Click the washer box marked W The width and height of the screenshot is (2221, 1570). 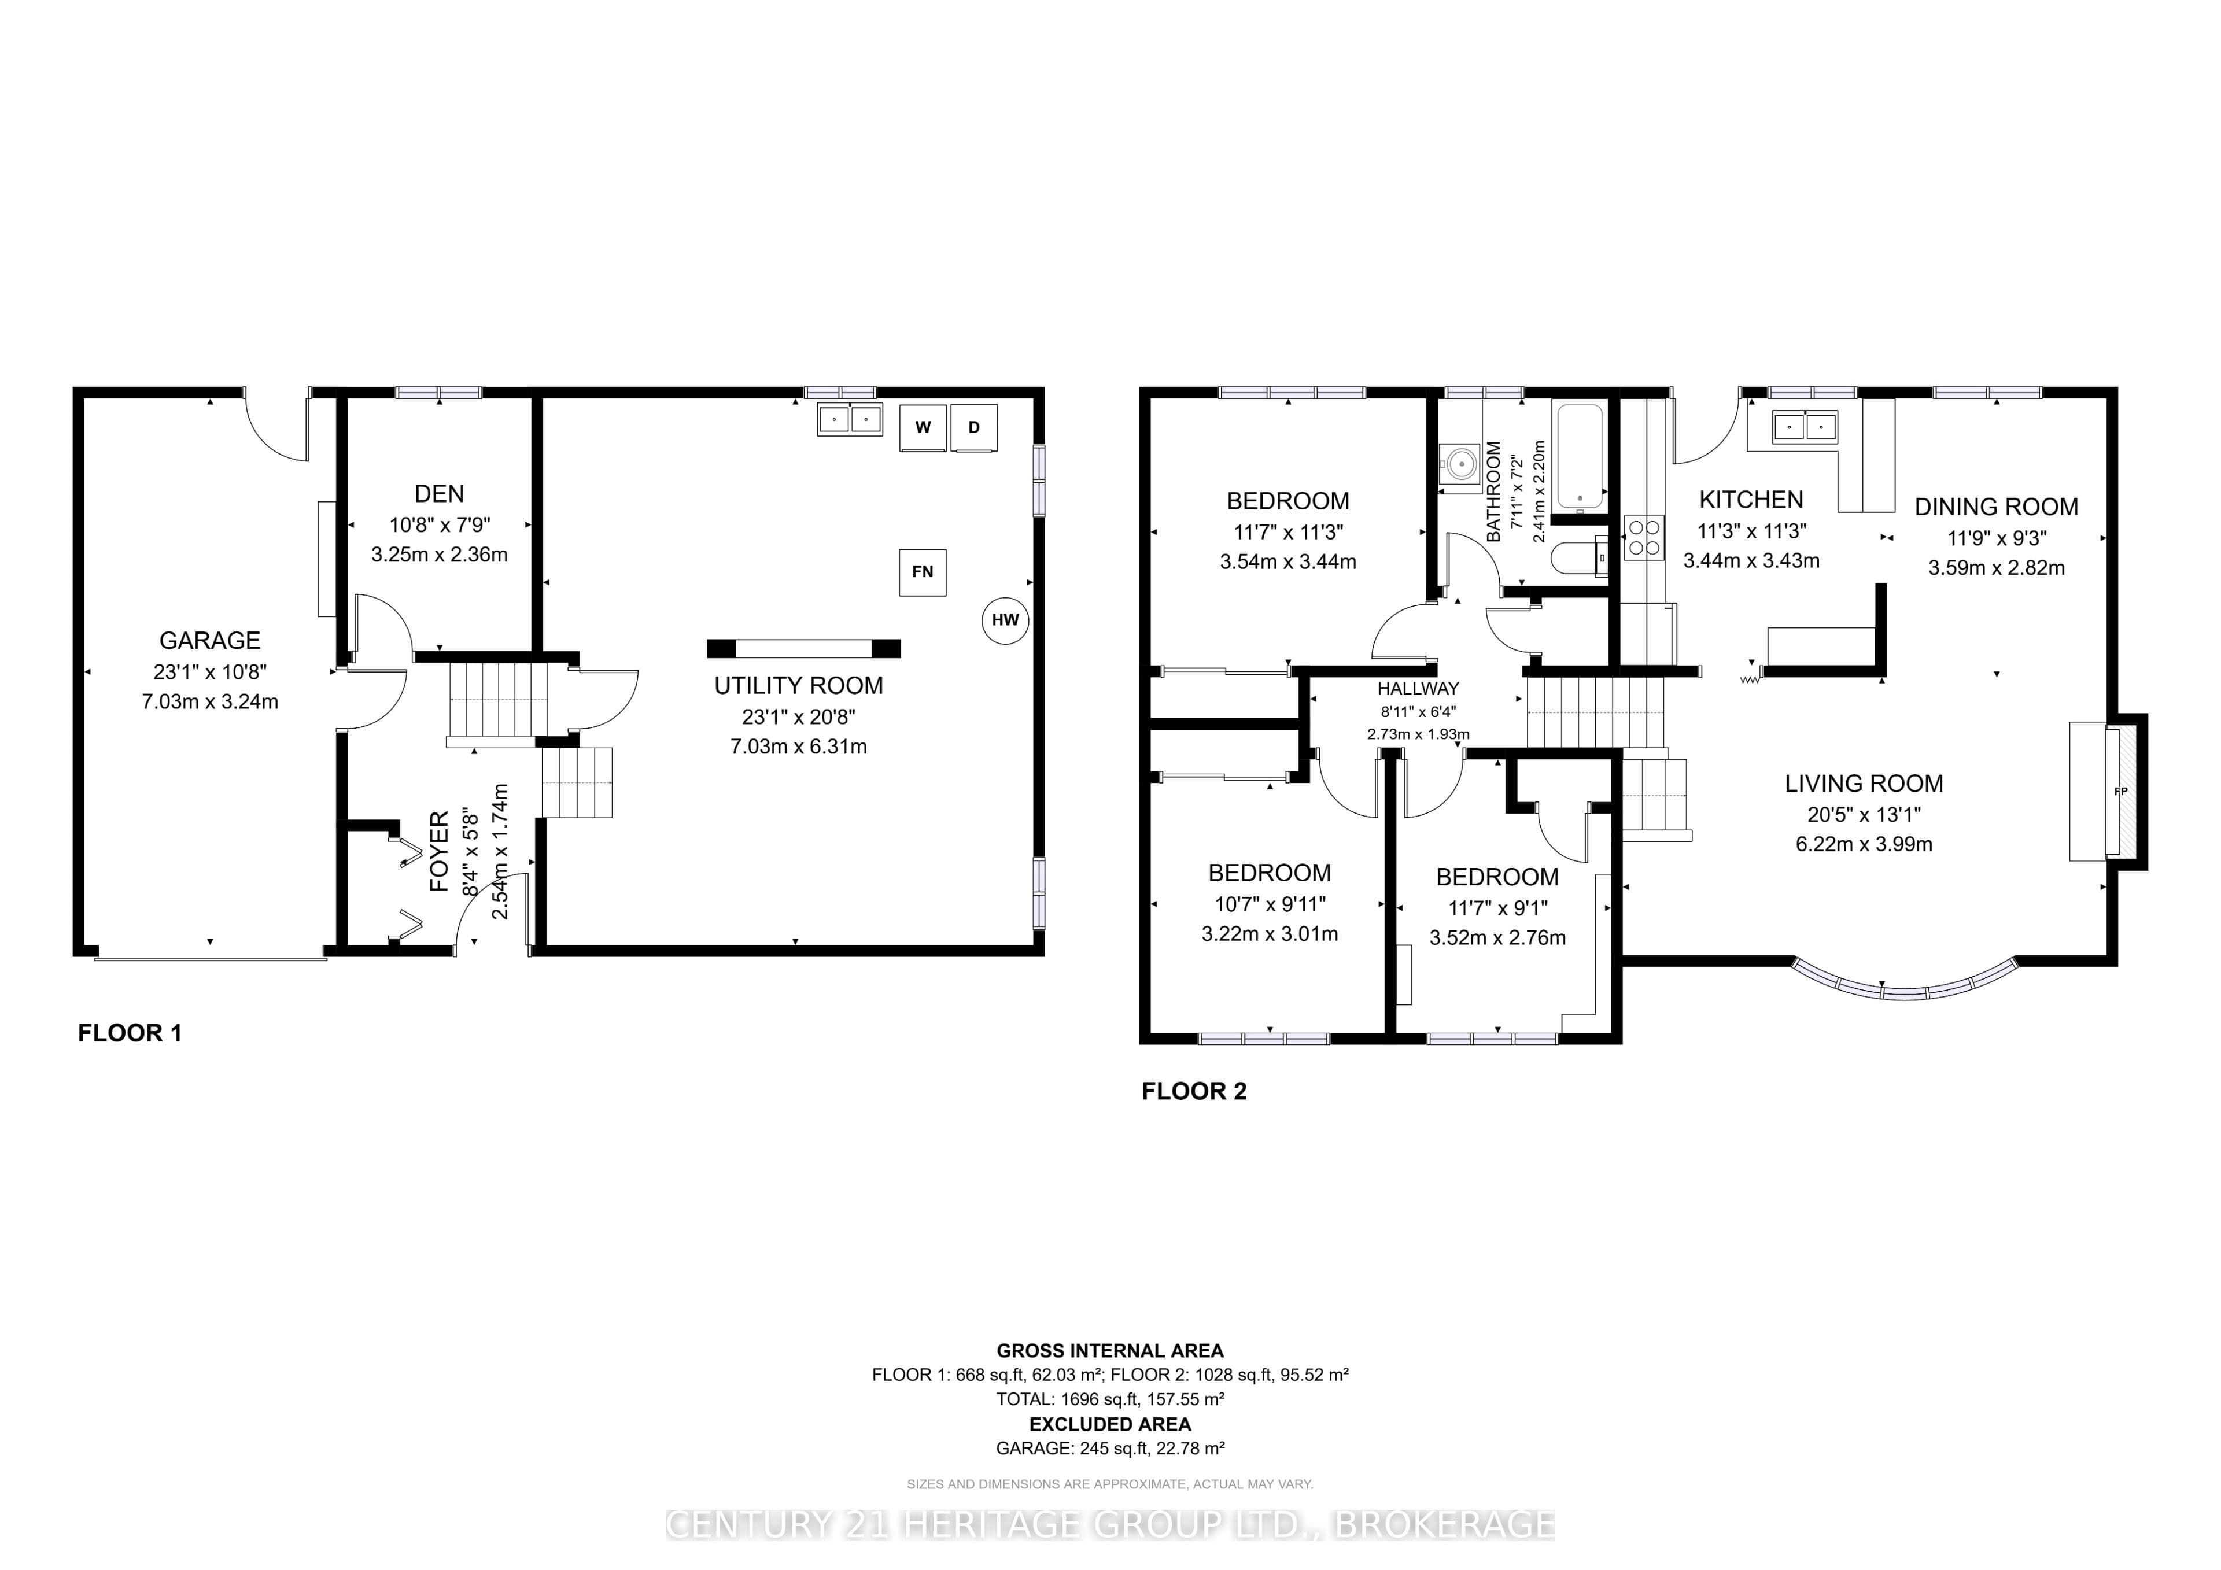tap(923, 427)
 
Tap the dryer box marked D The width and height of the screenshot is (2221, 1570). tap(974, 427)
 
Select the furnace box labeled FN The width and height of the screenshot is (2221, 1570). tap(923, 572)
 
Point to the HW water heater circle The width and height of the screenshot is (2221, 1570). tap(1005, 620)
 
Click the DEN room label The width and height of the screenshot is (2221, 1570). tap(439, 494)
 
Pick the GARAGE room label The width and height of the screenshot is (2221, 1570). tap(210, 640)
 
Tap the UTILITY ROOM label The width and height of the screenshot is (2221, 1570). tap(799, 686)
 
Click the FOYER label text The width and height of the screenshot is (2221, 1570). tap(439, 851)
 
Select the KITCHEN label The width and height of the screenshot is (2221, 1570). tap(1752, 500)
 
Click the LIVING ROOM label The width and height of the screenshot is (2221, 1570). tap(1864, 784)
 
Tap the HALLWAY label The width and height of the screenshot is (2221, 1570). tap(1418, 689)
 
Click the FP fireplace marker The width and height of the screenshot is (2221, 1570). tap(2122, 791)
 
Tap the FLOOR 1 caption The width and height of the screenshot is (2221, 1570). tap(130, 1033)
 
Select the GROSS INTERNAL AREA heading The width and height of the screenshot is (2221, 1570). tap(1110, 1350)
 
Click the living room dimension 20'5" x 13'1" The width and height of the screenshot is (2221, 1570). tap(1864, 815)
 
